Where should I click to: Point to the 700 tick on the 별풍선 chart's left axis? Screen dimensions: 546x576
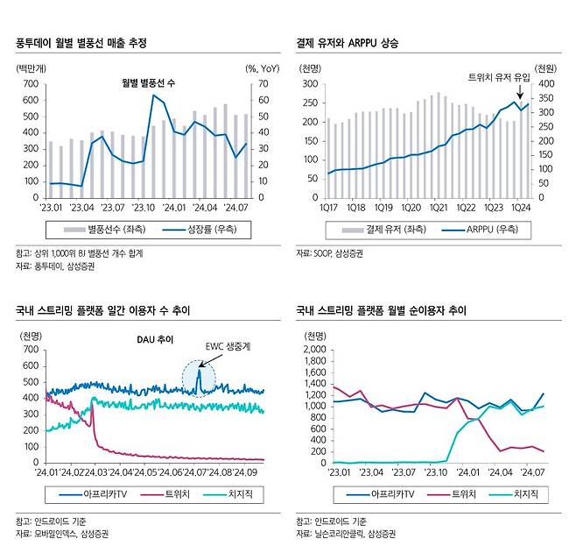(x=30, y=84)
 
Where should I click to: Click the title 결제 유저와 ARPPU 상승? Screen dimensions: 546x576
(x=354, y=41)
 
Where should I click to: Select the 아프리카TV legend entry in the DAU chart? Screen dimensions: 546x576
(x=100, y=495)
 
